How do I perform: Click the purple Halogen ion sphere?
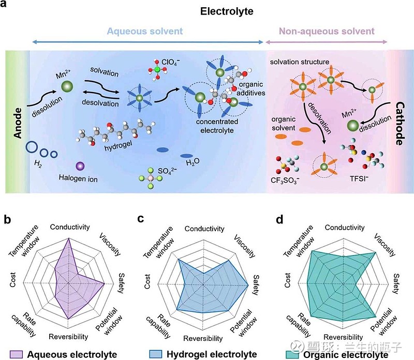pos(80,166)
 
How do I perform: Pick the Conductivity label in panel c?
pos(204,229)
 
